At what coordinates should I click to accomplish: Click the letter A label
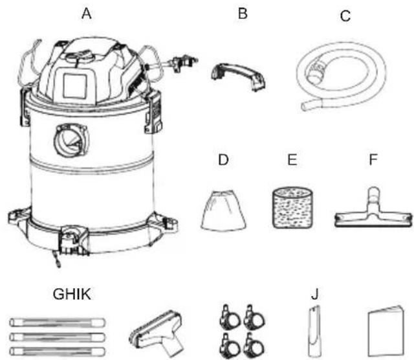click(x=87, y=14)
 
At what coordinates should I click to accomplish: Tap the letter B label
click(x=243, y=14)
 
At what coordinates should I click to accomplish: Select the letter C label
click(x=345, y=16)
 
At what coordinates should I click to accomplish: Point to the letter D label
click(x=223, y=160)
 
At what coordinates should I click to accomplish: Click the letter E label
click(x=292, y=160)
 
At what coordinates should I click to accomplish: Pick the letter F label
click(x=373, y=159)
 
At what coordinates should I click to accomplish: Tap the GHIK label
click(x=72, y=294)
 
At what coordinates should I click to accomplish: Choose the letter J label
click(x=315, y=294)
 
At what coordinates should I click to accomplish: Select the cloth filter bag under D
click(x=223, y=210)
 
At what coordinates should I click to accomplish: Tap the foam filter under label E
click(x=292, y=208)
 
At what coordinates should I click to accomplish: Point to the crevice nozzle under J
click(x=314, y=332)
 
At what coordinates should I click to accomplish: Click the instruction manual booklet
click(x=386, y=332)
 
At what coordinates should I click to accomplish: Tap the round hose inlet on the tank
click(x=71, y=140)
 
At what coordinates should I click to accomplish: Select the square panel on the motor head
click(x=75, y=85)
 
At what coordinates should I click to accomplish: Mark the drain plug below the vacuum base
click(x=56, y=259)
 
